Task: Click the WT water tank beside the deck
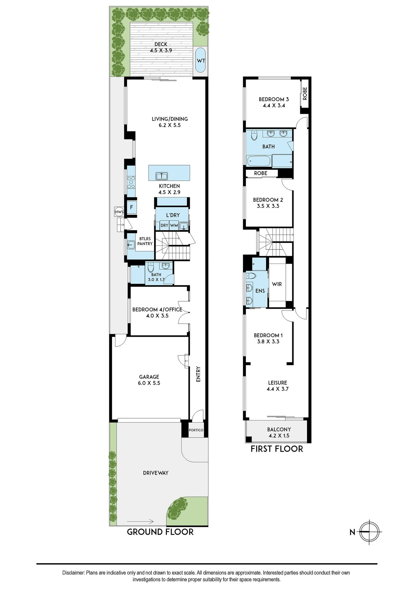click(201, 60)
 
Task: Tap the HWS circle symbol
click(119, 212)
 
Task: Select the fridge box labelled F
click(131, 207)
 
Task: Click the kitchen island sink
click(162, 176)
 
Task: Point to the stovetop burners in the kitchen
click(131, 182)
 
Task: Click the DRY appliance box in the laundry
click(164, 225)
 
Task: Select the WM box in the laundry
click(174, 225)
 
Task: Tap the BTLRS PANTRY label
click(145, 241)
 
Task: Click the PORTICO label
click(196, 430)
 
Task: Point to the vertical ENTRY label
click(198, 374)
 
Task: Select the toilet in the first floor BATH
click(254, 135)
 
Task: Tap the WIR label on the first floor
click(277, 284)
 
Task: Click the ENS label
click(260, 291)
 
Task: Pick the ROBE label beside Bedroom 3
click(305, 93)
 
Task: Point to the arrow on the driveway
click(140, 522)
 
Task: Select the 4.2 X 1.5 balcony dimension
click(279, 436)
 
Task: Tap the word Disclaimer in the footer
click(73, 573)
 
